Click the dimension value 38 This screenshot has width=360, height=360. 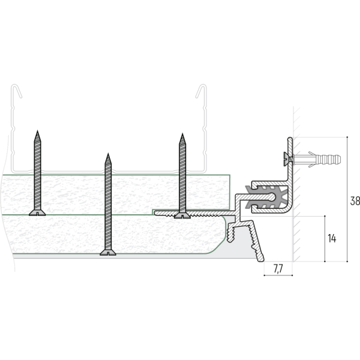pos(355,200)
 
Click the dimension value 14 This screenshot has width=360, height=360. pos(332,239)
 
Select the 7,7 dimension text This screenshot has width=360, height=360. pos(278,269)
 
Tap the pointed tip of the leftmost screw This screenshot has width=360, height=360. pos(37,131)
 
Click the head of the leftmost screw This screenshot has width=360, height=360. pos(37,213)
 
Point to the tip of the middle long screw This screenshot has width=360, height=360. pos(108,154)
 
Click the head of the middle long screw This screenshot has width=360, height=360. pos(108,253)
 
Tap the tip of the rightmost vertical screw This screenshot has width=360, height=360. pos(182,134)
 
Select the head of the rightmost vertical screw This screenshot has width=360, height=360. pos(182,215)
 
